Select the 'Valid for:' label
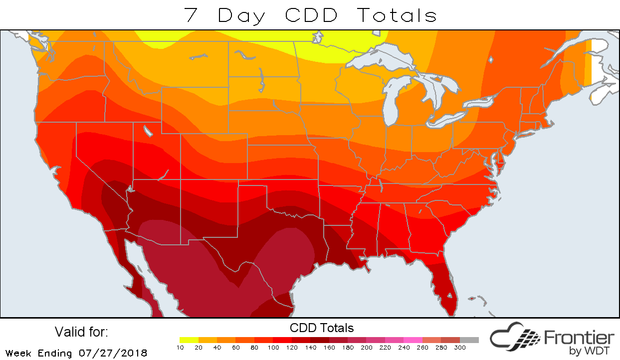coord(81,332)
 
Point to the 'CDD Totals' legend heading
coord(322,328)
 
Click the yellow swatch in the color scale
coord(189,340)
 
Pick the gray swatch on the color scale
coord(469,340)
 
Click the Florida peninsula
coord(446,289)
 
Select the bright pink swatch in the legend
coord(413,340)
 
